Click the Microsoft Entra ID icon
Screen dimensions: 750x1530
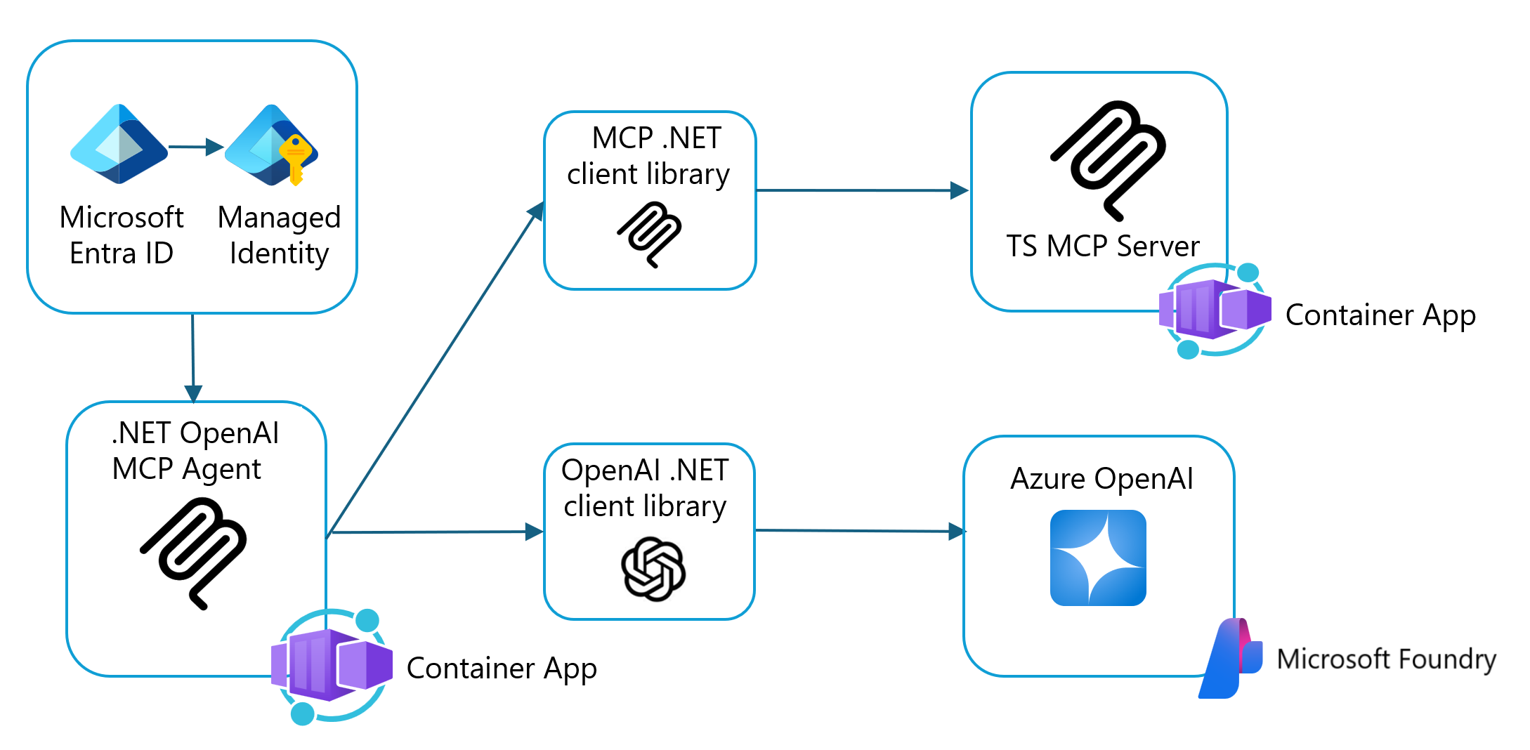119,145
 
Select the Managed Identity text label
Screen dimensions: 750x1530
279,235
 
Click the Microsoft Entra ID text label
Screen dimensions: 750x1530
122,235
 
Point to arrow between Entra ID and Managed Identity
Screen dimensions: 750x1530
195,147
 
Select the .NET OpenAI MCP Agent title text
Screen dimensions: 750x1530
195,451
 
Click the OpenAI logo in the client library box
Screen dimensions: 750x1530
653,569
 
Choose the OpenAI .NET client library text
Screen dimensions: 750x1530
645,488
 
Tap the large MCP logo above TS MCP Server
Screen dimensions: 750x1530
1109,159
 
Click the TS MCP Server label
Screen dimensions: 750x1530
1103,246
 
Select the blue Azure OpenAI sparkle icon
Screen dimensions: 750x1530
1098,558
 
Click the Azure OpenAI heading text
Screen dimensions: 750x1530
1101,479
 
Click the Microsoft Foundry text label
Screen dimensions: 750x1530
1386,659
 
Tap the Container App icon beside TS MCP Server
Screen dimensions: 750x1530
1215,310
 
